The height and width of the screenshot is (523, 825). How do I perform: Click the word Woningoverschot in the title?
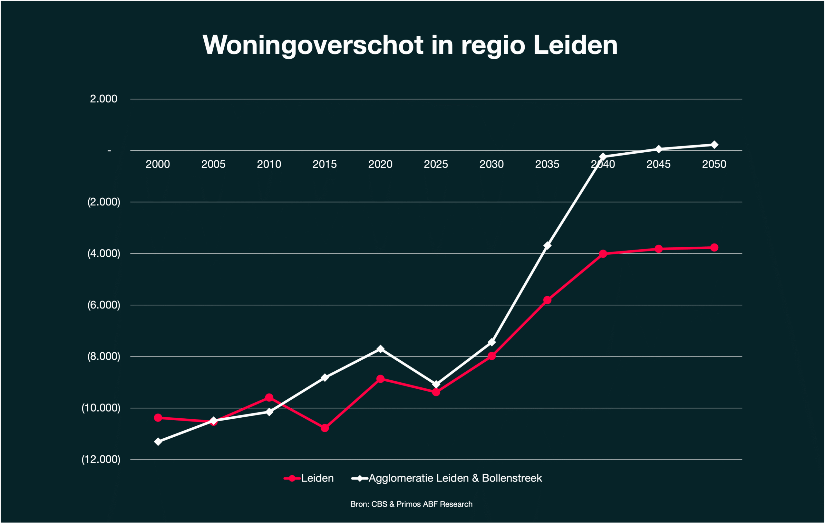click(313, 45)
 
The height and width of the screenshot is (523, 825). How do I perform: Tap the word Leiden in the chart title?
click(575, 45)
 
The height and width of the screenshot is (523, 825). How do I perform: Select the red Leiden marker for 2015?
click(325, 428)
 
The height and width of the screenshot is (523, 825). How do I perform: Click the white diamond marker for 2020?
click(380, 349)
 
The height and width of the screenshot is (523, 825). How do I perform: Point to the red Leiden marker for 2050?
click(714, 247)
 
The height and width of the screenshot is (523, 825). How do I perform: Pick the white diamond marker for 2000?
click(158, 442)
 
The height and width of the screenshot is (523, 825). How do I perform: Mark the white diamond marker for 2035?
click(547, 245)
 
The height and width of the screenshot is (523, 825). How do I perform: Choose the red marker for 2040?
click(603, 254)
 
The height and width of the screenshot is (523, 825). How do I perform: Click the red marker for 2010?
click(269, 397)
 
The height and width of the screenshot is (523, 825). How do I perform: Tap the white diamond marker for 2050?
click(714, 145)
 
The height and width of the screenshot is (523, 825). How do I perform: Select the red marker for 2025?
click(436, 392)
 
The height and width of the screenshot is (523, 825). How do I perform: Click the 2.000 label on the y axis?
click(103, 99)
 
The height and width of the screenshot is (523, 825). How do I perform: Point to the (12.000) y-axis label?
click(101, 459)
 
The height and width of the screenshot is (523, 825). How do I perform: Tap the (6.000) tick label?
click(103, 305)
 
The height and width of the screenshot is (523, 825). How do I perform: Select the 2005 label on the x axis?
click(213, 164)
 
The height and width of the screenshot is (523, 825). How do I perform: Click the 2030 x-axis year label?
click(491, 164)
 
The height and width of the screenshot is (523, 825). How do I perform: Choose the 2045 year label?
click(658, 164)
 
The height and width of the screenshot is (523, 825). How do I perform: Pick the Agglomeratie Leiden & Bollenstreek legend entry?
click(455, 478)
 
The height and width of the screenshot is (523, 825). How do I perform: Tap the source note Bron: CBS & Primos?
click(411, 504)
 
